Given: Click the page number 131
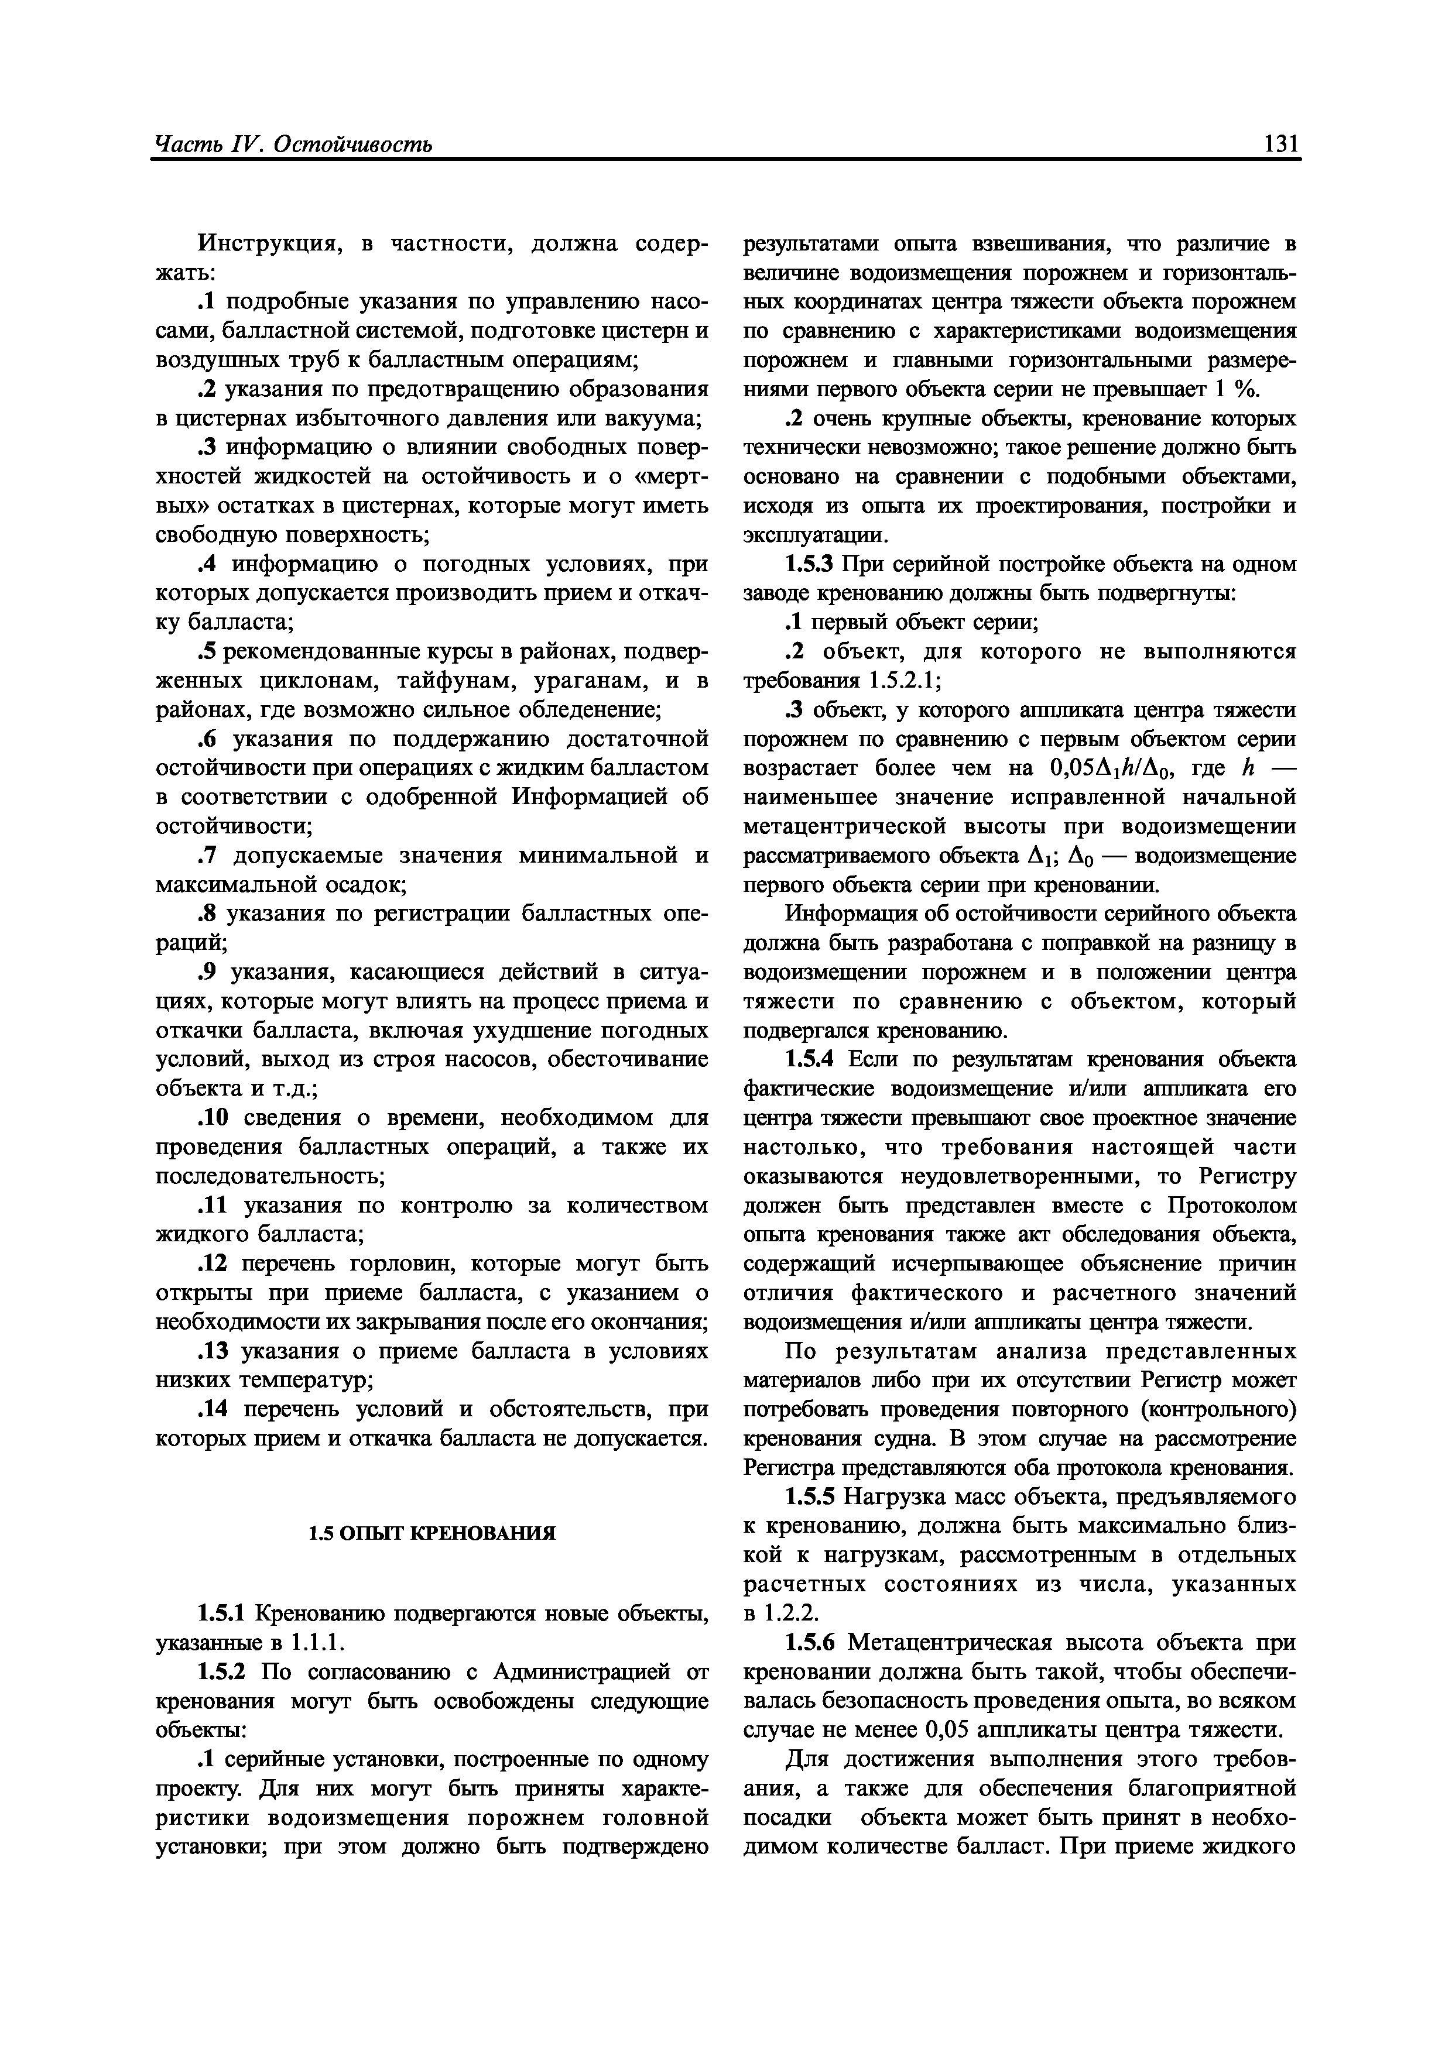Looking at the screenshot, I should tap(1279, 143).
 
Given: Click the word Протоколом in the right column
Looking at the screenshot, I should tap(1231, 1206).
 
